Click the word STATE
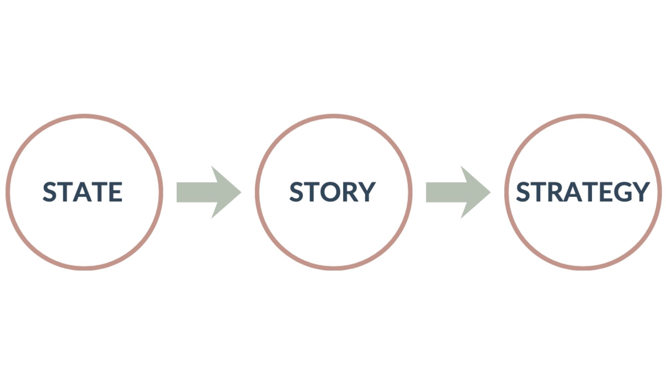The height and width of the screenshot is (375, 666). click(x=83, y=192)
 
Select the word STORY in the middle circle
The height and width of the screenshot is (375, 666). click(x=332, y=192)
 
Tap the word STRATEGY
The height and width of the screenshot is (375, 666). click(x=583, y=192)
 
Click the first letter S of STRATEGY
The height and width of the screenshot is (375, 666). click(x=523, y=192)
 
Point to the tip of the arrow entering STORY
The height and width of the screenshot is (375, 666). click(x=240, y=192)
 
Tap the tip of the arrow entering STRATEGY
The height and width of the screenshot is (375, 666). click(x=490, y=192)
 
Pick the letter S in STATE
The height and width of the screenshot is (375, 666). click(x=50, y=192)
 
